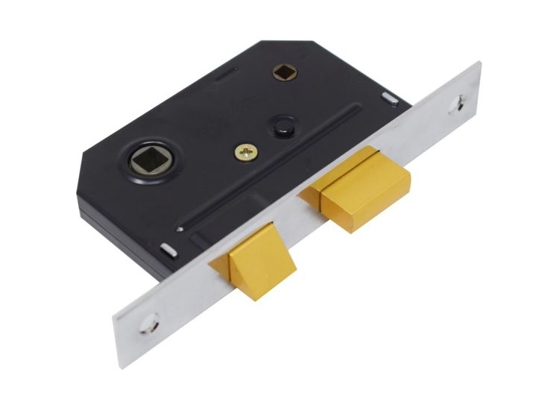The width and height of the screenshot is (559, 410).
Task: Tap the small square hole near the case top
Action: (x=283, y=72)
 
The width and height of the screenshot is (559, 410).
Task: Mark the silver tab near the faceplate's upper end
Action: (x=389, y=97)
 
